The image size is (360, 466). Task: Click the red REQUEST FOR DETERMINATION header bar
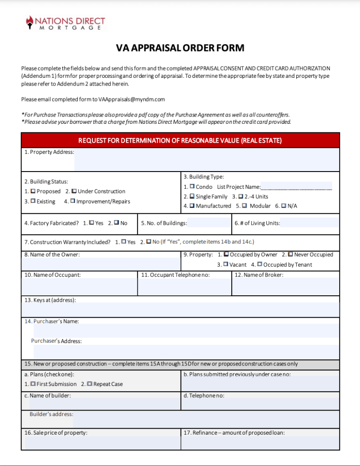click(x=180, y=141)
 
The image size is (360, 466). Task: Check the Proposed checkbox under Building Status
click(x=33, y=191)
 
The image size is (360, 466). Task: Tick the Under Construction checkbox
click(x=74, y=191)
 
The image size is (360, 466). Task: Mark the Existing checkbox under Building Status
click(x=33, y=201)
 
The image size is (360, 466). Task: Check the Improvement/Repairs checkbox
click(x=72, y=201)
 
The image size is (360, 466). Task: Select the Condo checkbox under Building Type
click(x=192, y=187)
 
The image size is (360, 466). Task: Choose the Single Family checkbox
click(x=192, y=197)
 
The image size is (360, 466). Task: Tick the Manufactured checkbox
click(x=192, y=206)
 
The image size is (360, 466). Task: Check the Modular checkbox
click(x=244, y=206)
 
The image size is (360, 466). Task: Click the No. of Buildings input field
click(x=209, y=223)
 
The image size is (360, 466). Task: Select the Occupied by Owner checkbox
click(x=226, y=254)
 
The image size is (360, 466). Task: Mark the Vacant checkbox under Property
click(x=226, y=264)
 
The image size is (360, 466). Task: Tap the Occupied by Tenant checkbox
click(x=259, y=264)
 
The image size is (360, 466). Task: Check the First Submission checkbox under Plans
click(x=33, y=384)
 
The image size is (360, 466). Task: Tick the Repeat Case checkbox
click(x=89, y=384)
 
